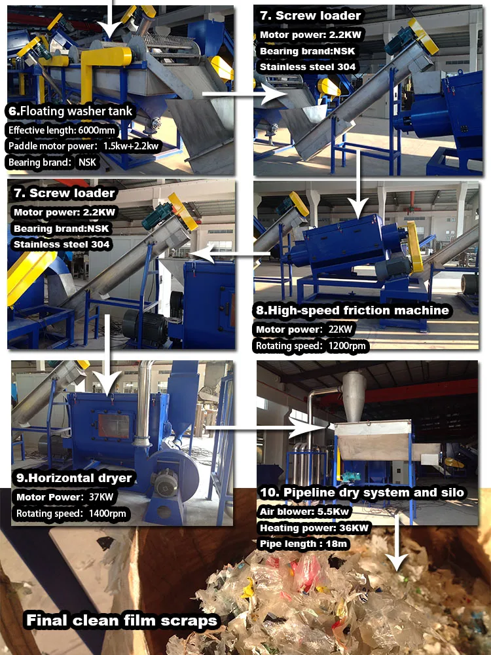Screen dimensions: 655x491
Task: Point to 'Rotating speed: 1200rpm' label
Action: tap(312, 345)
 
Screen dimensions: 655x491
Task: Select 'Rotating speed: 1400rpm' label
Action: tap(70, 514)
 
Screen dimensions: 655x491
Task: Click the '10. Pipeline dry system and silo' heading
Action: tap(361, 493)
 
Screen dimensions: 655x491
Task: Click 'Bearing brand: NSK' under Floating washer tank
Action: tap(54, 162)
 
